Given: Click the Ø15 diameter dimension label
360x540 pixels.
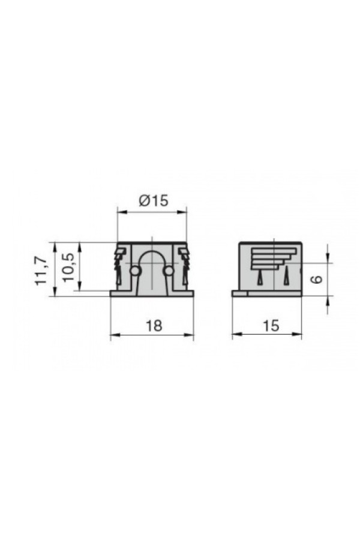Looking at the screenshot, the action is click(154, 200).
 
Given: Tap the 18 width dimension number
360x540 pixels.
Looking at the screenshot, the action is click(154, 325).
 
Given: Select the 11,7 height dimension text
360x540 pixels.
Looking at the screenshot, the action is click(41, 271).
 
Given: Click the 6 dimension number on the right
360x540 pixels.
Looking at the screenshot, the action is click(317, 279).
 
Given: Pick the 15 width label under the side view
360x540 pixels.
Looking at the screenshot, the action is click(271, 325).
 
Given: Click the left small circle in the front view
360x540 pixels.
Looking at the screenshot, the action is click(134, 271).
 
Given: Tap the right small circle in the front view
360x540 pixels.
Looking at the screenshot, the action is click(168, 271).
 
